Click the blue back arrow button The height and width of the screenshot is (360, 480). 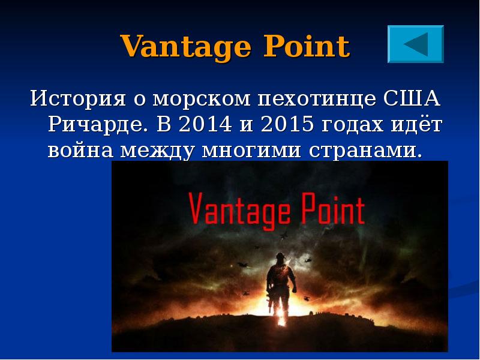[x=416, y=44]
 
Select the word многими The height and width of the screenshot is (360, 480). [x=252, y=150]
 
